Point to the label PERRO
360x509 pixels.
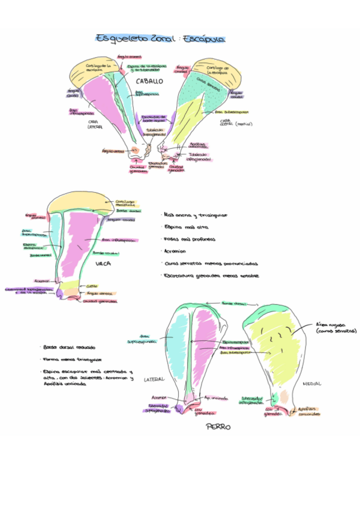point(218,427)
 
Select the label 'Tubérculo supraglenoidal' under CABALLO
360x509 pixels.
point(155,132)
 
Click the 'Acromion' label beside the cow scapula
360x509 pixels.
point(42,280)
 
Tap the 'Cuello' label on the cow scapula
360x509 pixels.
point(92,286)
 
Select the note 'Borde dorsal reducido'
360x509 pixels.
point(70,348)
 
